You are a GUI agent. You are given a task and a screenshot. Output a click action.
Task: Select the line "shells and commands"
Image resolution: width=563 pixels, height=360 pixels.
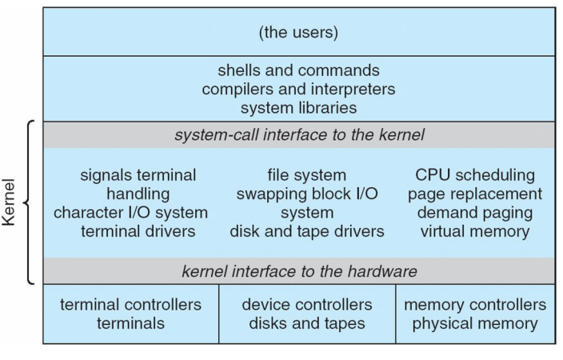click(x=297, y=70)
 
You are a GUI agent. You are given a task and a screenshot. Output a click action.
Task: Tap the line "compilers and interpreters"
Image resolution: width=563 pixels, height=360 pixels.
click(x=297, y=88)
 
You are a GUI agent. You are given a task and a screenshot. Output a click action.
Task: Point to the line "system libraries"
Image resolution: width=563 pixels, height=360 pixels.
click(x=297, y=106)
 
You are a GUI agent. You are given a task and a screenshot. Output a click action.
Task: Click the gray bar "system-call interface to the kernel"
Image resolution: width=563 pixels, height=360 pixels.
click(x=297, y=134)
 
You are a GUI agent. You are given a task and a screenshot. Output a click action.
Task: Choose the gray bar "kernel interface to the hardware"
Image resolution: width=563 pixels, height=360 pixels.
click(x=297, y=271)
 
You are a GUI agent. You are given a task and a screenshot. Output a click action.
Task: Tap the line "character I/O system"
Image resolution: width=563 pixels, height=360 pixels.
click(x=130, y=213)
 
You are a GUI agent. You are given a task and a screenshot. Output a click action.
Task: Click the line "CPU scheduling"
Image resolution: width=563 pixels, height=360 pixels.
click(x=476, y=175)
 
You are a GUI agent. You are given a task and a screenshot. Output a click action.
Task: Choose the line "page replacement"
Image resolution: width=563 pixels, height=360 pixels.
click(x=476, y=194)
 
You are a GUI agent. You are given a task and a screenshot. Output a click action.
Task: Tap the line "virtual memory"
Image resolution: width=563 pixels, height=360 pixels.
click(x=476, y=232)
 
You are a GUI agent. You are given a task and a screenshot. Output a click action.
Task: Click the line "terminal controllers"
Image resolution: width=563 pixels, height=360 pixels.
click(x=130, y=306)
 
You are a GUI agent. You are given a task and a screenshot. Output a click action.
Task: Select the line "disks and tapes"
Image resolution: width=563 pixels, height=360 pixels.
click(x=307, y=324)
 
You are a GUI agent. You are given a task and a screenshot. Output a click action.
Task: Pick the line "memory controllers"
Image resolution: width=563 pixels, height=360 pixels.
click(x=475, y=306)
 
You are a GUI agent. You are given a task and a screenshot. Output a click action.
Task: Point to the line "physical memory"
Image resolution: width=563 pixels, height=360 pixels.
click(x=475, y=324)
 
